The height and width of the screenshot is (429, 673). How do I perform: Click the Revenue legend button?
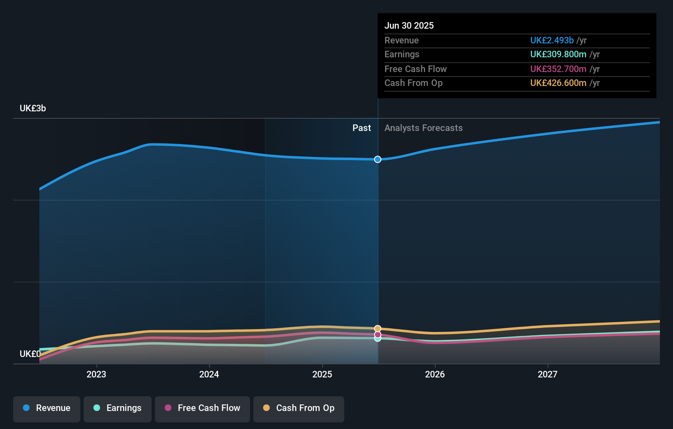47,408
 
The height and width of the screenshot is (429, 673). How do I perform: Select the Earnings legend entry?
118,408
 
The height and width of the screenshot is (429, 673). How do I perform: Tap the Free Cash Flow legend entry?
202,408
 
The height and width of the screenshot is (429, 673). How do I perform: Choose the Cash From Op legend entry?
299,408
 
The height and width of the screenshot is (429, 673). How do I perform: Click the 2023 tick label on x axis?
96,374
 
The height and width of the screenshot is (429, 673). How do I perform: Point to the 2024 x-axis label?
209,374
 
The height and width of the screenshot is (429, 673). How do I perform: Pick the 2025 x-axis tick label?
322,374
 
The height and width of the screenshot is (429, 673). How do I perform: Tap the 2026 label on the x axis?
435,374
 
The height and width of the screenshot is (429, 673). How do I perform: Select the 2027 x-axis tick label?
548,374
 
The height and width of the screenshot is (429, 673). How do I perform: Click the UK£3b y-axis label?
33,108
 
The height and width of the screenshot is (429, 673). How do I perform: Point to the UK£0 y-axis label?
30,354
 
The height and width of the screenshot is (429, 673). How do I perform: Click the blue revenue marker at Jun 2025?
377,159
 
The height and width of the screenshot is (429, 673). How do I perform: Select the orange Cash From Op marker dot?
377,329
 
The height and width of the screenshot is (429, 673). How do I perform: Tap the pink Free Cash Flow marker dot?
377,334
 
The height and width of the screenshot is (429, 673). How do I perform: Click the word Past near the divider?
362,128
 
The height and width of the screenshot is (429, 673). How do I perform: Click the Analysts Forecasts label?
423,128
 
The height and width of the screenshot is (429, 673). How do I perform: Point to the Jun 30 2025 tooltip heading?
409,25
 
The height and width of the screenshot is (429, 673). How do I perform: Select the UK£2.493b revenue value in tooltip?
552,40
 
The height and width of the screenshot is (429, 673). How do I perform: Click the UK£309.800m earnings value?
558,54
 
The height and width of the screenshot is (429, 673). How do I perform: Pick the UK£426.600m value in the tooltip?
558,83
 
